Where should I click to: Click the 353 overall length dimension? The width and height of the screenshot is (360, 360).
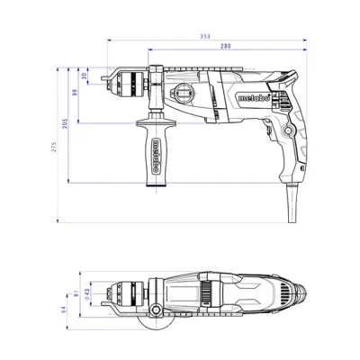tap(205, 36)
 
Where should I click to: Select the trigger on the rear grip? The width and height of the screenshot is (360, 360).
tap(268, 127)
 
